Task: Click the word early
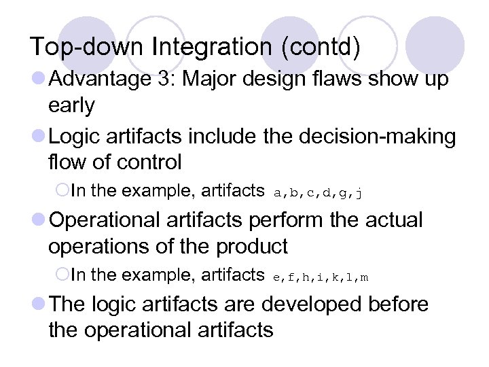coord(71,105)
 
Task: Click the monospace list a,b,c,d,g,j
coord(317,192)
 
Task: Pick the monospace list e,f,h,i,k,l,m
coord(321,276)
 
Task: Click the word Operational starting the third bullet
coord(101,220)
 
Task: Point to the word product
coord(252,246)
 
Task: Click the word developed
coord(300,304)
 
